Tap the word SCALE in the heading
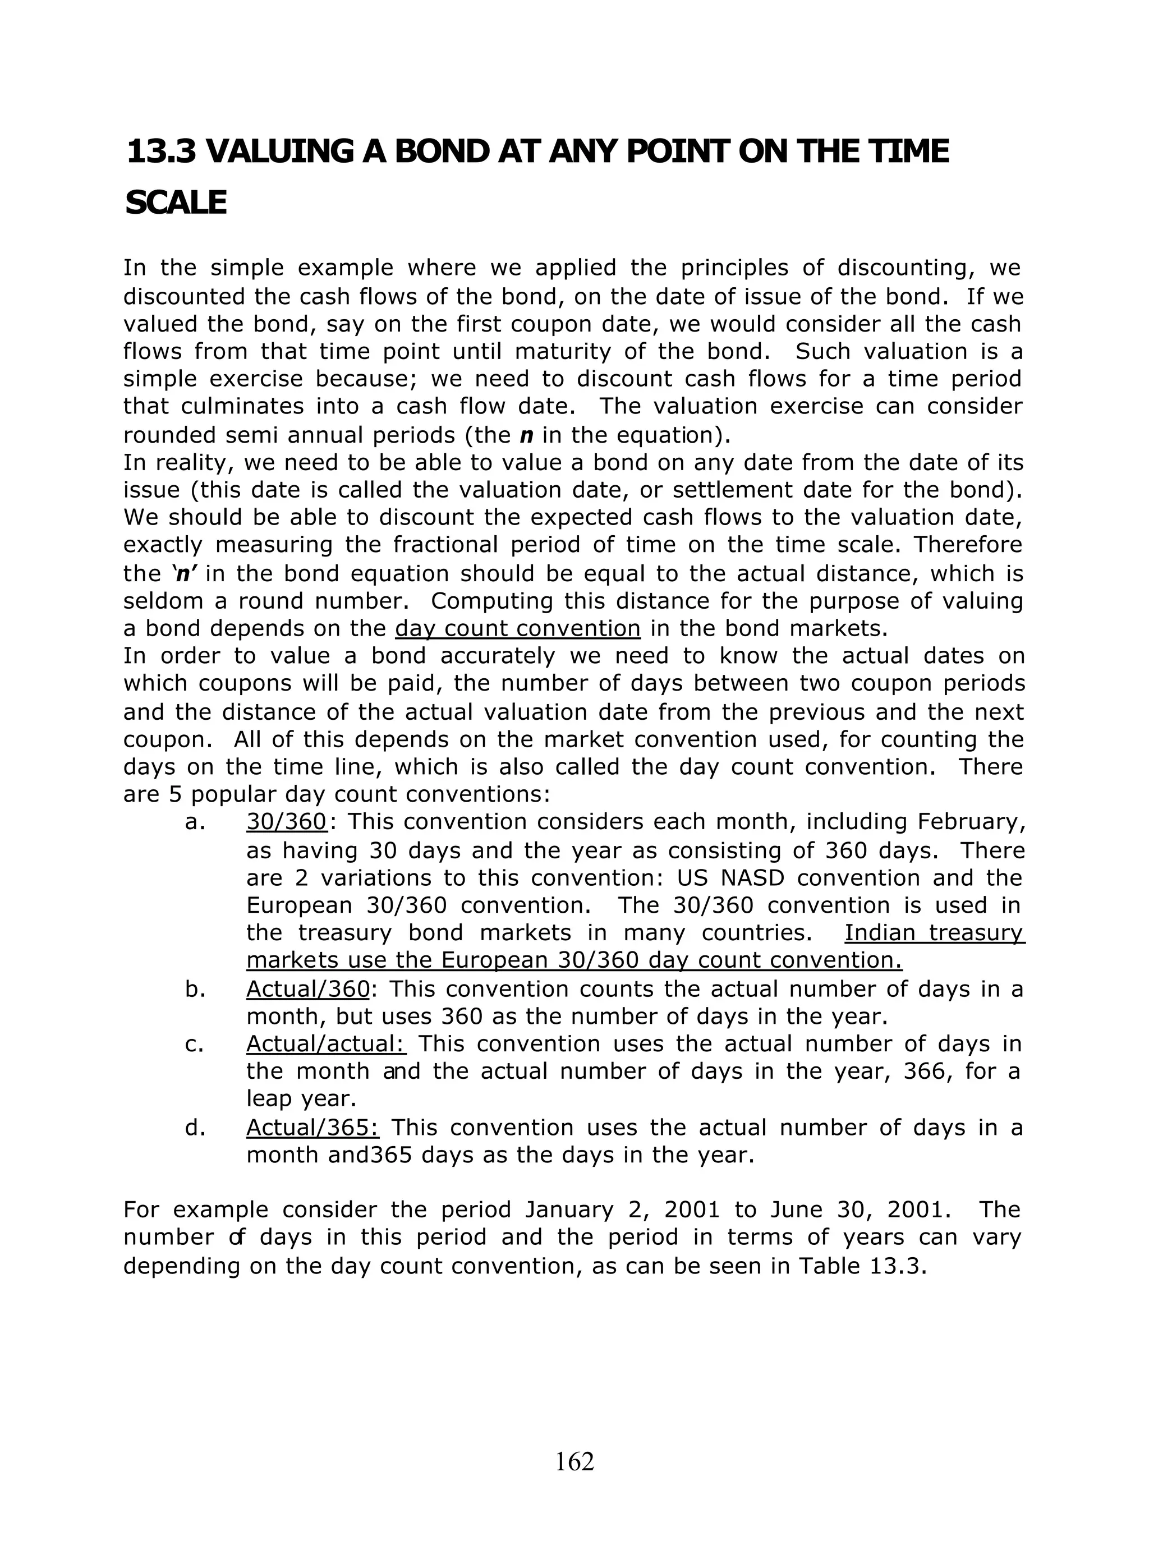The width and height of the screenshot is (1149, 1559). pos(176,203)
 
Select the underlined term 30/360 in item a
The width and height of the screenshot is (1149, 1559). pos(287,822)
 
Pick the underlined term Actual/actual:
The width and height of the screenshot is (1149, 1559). pos(326,1044)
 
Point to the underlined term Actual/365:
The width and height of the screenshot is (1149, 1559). pos(312,1127)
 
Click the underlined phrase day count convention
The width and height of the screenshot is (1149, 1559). pos(517,629)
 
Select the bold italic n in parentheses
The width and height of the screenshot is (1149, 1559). pos(526,435)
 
